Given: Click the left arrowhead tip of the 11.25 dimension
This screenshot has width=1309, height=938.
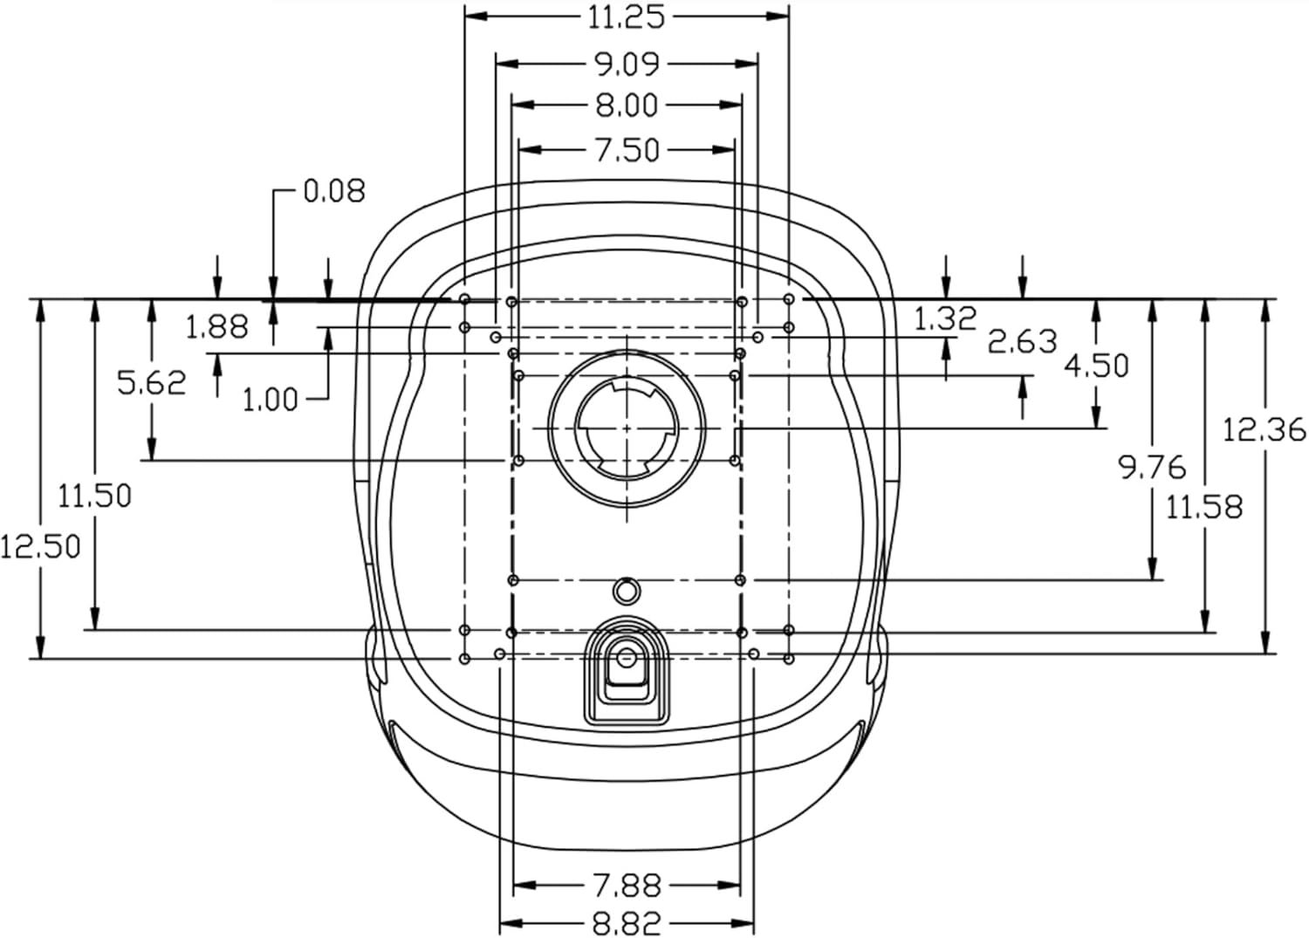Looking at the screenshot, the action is [x=465, y=16].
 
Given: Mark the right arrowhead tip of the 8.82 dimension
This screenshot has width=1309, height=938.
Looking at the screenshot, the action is [x=754, y=924].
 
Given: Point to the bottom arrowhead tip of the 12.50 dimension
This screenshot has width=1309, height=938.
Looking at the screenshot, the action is [x=40, y=659].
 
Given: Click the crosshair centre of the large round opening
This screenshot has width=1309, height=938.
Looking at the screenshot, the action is [x=627, y=428].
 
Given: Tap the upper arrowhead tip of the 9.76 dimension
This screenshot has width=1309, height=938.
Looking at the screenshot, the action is [x=1153, y=300].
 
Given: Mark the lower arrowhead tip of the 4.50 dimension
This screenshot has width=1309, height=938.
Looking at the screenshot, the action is [x=1096, y=428].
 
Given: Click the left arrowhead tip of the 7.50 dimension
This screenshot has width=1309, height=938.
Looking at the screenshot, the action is [x=519, y=149].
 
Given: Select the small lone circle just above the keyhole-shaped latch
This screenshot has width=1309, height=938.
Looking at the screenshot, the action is [x=627, y=592].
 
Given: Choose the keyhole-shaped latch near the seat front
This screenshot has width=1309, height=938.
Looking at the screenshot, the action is [x=627, y=671].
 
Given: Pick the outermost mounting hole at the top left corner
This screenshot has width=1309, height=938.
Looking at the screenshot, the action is [x=464, y=299].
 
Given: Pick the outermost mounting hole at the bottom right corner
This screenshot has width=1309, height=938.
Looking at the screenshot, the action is [x=789, y=660].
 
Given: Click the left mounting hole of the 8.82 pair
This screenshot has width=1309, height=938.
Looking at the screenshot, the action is [x=500, y=654].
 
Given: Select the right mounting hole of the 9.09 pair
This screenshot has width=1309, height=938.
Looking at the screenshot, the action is [x=758, y=337].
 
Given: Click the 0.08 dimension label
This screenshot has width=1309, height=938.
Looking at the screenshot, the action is [x=334, y=191].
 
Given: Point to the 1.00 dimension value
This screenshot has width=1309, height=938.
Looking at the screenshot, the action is [x=270, y=401].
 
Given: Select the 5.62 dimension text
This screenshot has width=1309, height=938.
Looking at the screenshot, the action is [x=152, y=383].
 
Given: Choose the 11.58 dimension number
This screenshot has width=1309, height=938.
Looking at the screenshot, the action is [x=1204, y=507].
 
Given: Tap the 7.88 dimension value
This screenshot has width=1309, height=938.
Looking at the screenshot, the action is [x=627, y=886].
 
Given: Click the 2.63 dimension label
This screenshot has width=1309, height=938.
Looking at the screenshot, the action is [x=1023, y=342].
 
